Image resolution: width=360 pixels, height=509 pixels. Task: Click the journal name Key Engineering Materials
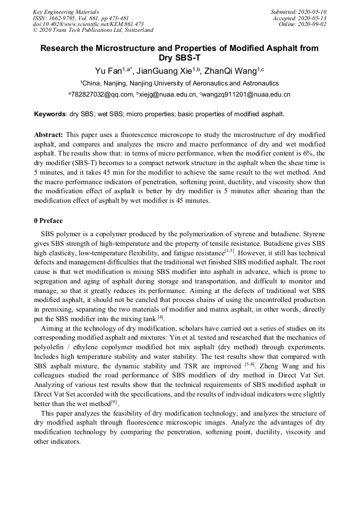66,11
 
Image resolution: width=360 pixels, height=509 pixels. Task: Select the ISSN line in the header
81,18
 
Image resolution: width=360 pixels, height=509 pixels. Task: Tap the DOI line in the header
88,24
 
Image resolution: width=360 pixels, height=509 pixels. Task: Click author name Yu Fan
108,71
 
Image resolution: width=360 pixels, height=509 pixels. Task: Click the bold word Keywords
50,114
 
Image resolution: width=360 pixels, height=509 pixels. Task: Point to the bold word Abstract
48,135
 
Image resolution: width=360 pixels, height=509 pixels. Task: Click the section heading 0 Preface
48,220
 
